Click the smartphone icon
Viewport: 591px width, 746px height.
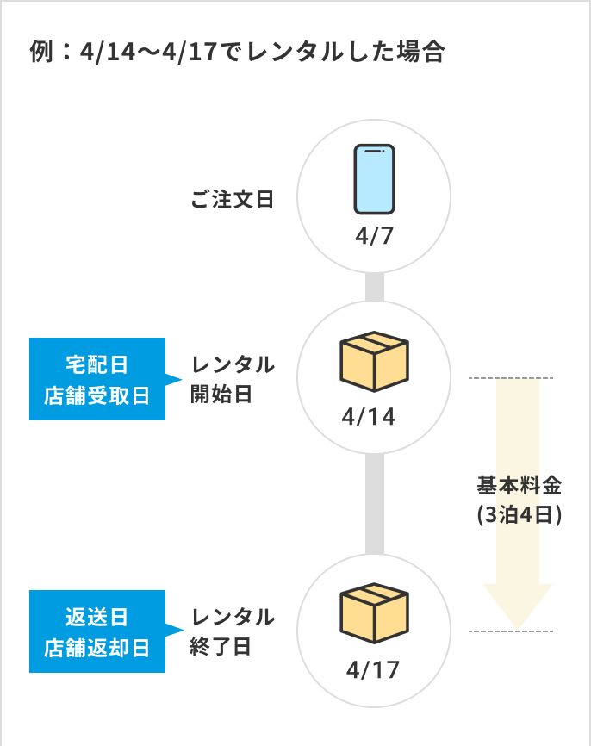click(374, 178)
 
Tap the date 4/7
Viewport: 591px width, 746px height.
click(374, 235)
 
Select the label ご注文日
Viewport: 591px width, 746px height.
click(232, 201)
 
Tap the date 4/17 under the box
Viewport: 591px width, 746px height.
click(372, 669)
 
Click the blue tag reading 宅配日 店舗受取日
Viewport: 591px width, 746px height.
click(96, 379)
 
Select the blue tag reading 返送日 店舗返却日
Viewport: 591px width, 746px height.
click(96, 631)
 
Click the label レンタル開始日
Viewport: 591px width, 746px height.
click(232, 379)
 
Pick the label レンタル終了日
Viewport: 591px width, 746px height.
click(232, 631)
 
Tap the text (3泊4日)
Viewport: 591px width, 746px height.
click(519, 515)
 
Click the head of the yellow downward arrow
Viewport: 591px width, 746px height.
click(517, 607)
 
